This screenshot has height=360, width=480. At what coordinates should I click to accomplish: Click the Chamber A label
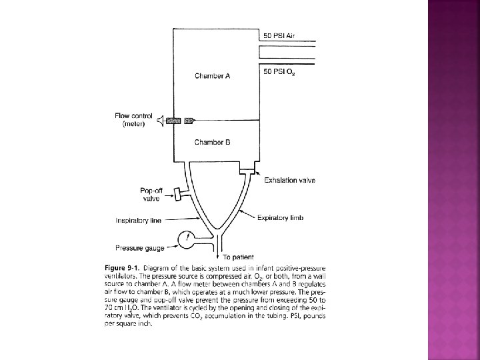(x=212, y=76)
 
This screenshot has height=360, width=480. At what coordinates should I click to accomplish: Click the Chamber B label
(x=212, y=142)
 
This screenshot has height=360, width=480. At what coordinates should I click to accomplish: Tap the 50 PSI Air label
(x=279, y=35)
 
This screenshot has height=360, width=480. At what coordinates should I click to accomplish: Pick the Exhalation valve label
(x=289, y=180)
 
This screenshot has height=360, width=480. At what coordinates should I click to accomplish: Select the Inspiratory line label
(x=137, y=220)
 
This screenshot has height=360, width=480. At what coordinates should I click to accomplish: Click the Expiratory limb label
(x=280, y=218)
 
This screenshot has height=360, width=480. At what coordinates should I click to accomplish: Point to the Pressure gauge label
(x=138, y=247)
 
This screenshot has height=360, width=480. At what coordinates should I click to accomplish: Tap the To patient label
(x=239, y=257)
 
